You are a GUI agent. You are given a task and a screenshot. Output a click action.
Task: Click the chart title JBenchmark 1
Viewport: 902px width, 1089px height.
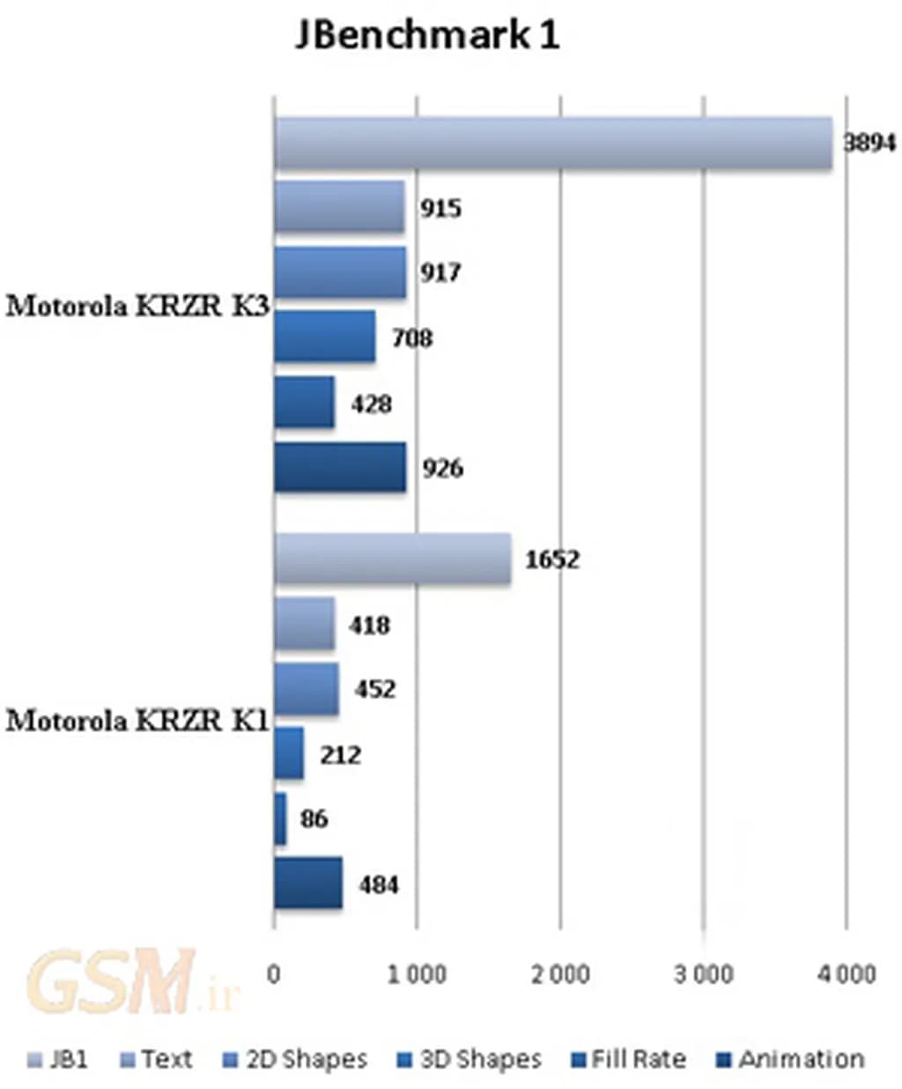(426, 35)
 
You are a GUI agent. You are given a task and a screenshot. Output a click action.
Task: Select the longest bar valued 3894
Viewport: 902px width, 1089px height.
(552, 142)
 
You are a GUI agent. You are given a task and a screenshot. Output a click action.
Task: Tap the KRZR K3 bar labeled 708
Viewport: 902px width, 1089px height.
(324, 336)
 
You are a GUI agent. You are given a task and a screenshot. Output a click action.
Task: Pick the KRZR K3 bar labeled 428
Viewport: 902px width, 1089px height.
(304, 402)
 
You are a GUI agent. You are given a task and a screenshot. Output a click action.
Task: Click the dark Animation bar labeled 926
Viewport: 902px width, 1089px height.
(340, 467)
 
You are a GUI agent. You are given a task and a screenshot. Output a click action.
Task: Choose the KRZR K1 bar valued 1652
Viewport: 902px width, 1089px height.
(392, 558)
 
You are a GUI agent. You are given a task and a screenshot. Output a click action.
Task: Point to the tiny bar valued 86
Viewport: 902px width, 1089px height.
(280, 819)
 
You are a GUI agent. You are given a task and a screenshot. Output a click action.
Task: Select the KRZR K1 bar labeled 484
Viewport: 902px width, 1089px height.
(307, 883)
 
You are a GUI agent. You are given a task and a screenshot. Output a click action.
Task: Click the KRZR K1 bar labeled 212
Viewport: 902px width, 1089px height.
(289, 753)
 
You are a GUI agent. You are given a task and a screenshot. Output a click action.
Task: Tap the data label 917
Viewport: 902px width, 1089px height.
(440, 272)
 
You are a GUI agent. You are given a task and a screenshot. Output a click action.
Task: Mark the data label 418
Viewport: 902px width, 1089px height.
(369, 625)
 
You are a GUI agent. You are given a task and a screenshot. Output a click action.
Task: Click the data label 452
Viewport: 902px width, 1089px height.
(375, 688)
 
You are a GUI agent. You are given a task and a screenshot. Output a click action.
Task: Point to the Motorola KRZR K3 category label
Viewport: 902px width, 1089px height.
(137, 306)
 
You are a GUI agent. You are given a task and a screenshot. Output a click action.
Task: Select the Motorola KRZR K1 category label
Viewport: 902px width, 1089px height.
(137, 721)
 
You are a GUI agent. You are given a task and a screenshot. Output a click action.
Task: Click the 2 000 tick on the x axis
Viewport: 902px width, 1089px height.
(561, 974)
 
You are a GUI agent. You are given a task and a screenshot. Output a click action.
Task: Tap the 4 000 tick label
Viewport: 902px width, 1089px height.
(846, 974)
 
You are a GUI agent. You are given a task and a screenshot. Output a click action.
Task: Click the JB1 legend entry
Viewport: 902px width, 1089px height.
(59, 1059)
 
